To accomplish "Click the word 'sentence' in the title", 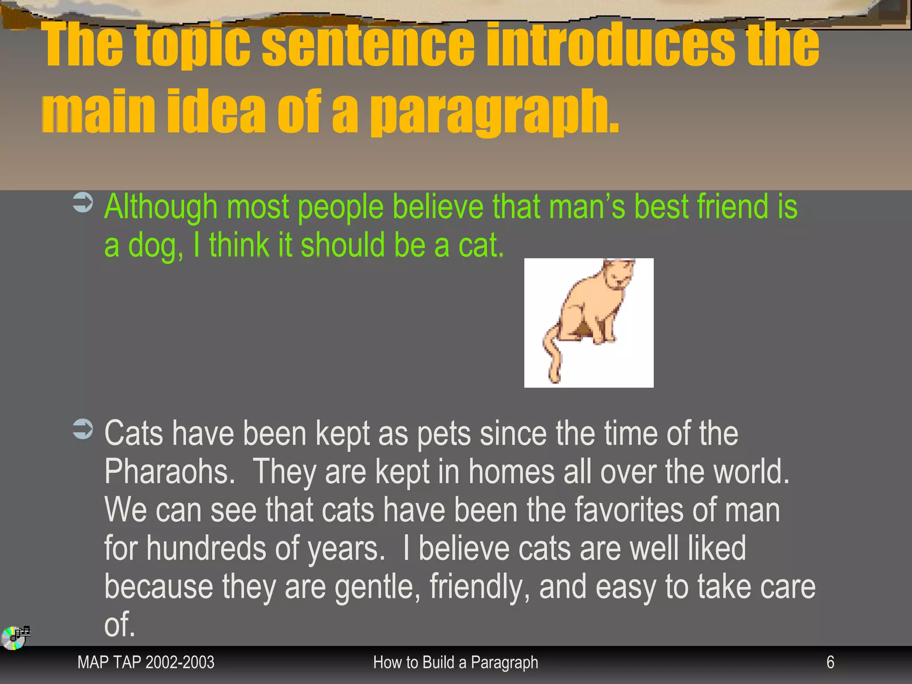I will pos(368,45).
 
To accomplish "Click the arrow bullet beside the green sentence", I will pos(83,203).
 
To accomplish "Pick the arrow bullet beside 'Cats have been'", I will pos(83,429).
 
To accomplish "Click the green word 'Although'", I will pos(161,207).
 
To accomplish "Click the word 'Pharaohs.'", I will pos(170,472).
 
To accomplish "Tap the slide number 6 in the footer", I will pos(830,662).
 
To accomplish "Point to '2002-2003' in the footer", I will pos(180,662).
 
